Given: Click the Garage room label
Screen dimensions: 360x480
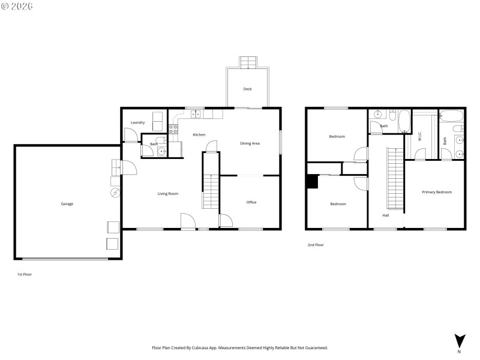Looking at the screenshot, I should click(x=67, y=204).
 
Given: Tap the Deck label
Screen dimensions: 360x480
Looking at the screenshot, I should click(x=247, y=89).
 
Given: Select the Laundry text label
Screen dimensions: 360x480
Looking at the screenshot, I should click(x=137, y=122).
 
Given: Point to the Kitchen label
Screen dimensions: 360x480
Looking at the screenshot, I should click(x=199, y=134).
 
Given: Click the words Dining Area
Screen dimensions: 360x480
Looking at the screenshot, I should click(x=250, y=143).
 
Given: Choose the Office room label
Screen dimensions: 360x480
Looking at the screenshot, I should click(x=251, y=202).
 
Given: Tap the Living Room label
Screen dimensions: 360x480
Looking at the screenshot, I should click(x=168, y=193).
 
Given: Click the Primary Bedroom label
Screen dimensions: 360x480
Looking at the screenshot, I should click(x=436, y=192).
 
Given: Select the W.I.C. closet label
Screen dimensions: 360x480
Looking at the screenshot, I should click(x=419, y=136).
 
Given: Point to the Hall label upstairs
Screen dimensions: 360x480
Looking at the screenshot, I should click(x=386, y=215).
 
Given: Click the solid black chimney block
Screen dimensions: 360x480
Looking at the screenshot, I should click(x=311, y=181).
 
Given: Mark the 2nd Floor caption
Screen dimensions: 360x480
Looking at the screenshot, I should click(x=316, y=245).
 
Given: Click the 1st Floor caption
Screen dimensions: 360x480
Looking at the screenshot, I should click(x=24, y=274).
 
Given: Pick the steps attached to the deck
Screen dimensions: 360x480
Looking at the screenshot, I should click(x=247, y=62).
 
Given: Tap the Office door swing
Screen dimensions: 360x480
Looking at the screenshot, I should click(x=226, y=220).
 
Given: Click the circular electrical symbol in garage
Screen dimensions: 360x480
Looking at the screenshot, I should click(x=115, y=193).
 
